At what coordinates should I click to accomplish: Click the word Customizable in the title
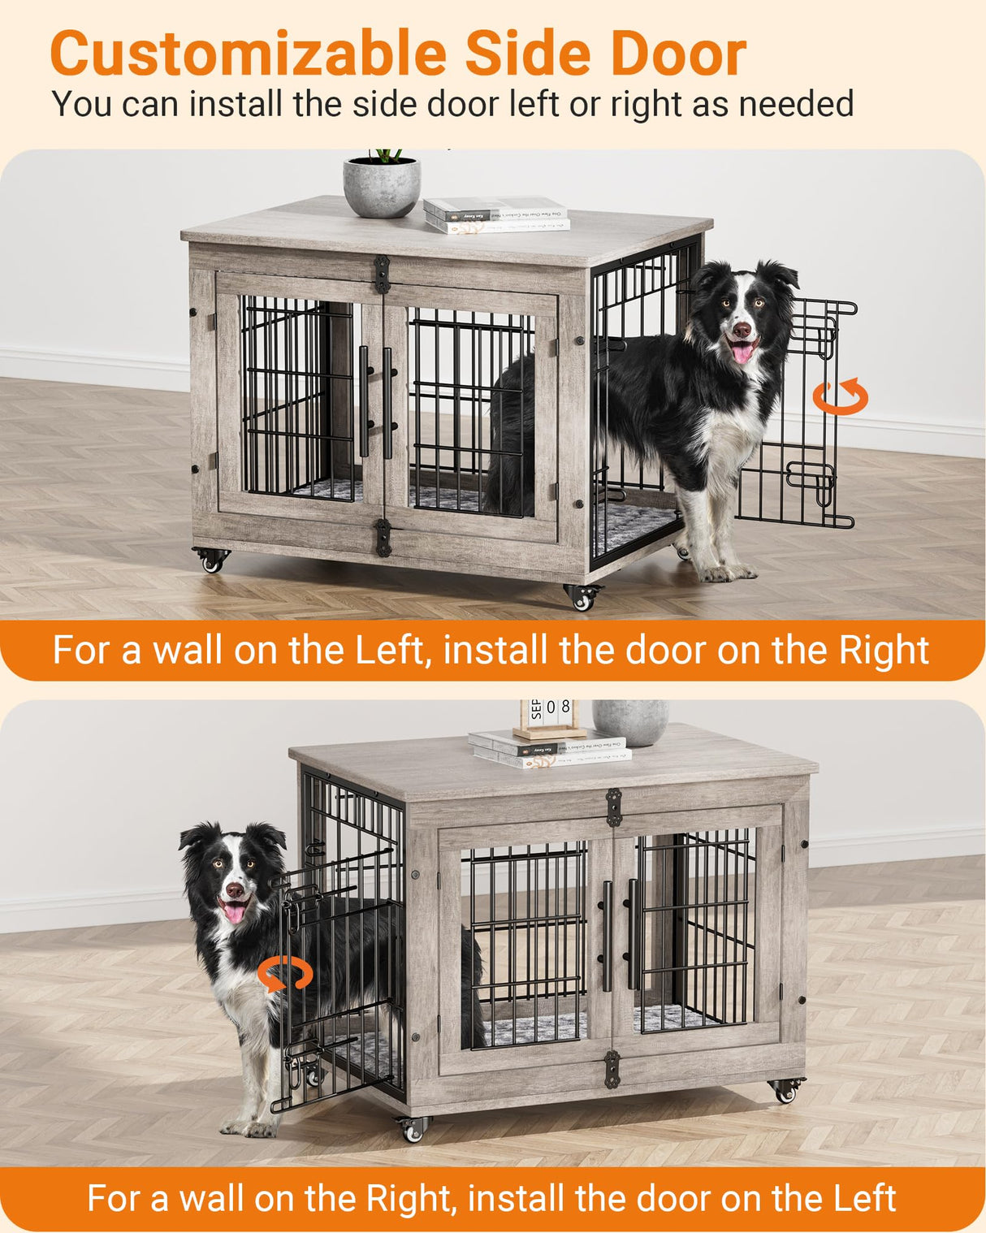pos(248,54)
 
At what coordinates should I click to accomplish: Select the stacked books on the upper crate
pos(495,214)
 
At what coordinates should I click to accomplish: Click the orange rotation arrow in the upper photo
pos(841,396)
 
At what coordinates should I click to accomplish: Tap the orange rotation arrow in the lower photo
pos(285,974)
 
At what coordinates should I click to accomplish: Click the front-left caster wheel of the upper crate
pos(212,560)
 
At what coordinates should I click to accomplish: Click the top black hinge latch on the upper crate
pos(382,274)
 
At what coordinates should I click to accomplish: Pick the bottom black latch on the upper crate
pos(383,537)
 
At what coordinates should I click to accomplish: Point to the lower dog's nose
pos(235,890)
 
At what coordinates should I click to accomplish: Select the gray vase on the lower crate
pos(630,720)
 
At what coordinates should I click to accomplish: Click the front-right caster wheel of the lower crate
pos(785,1090)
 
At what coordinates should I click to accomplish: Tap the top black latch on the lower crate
pos(614,807)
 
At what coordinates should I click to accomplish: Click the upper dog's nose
pos(742,330)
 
